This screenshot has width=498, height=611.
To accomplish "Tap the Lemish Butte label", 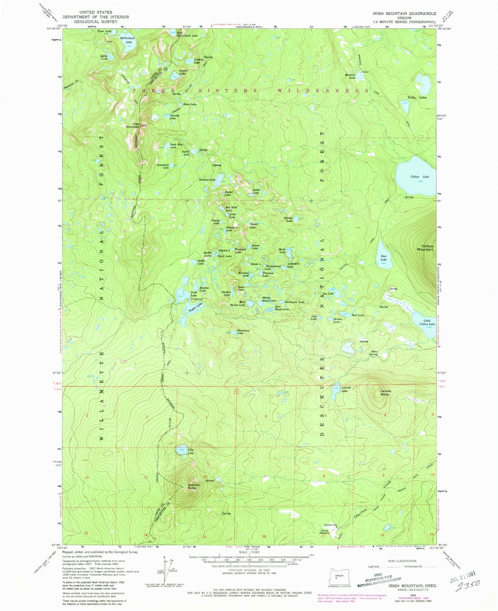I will click(x=385, y=393).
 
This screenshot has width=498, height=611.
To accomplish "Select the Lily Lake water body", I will click(x=182, y=451).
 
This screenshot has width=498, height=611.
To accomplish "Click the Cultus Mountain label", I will click(x=425, y=248).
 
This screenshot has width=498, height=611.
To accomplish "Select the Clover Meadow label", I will click(x=325, y=532).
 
